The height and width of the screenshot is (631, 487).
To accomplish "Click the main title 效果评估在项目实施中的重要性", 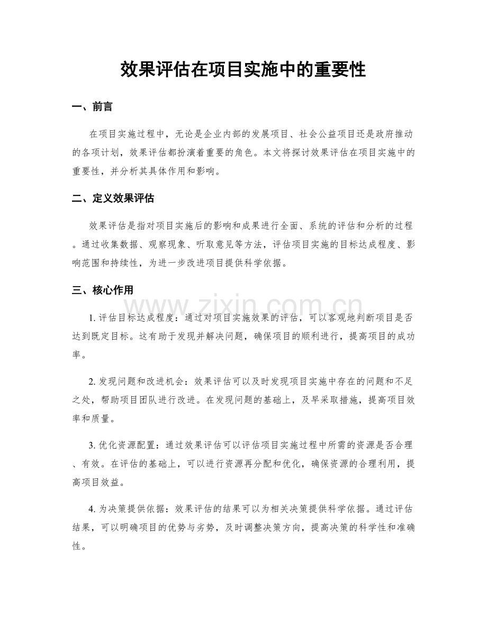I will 243,69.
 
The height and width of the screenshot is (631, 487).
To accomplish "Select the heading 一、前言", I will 92,107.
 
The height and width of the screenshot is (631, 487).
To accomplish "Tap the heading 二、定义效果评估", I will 113,199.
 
